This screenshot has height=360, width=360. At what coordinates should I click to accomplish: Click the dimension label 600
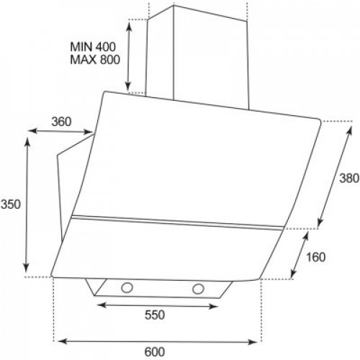coord(155,352)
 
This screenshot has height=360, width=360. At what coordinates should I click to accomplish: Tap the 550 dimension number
coord(155,315)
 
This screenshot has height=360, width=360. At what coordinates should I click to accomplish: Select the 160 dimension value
coord(315,257)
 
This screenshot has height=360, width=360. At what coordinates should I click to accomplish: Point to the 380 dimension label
coord(349,179)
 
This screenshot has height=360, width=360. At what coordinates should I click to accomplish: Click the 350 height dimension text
coord(11,204)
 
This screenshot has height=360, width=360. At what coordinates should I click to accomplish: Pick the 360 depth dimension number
coord(61,122)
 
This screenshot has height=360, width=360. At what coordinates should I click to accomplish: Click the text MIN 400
coord(93,47)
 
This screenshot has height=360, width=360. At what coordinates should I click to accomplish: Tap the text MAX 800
coord(95,60)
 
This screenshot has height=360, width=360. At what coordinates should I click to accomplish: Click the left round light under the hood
coord(127,287)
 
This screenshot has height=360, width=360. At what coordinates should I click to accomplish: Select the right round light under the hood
coord(198,289)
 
